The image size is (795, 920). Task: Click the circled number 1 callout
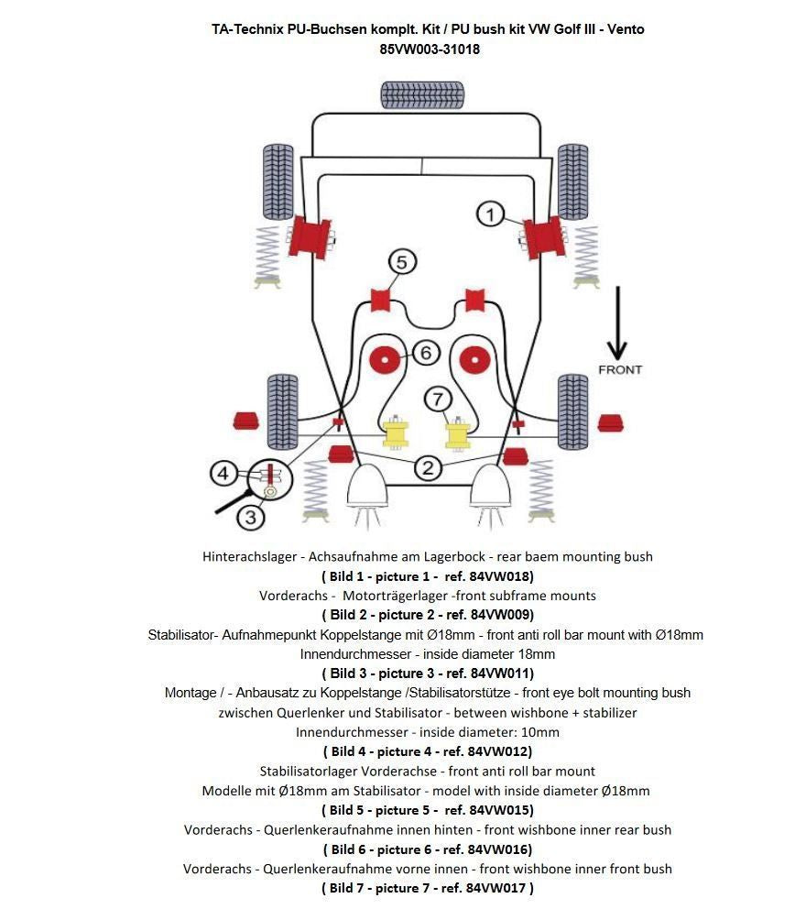490,214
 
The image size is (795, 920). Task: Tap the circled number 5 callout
401,263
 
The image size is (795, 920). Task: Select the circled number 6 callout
426,352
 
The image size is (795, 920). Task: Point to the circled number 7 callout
438,400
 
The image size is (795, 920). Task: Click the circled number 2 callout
428,468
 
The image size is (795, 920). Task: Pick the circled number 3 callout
251,517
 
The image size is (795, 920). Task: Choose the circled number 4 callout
223,474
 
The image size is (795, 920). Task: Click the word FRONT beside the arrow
620,370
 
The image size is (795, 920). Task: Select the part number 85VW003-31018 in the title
429,49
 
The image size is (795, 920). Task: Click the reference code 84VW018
498,576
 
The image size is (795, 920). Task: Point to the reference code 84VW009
499,615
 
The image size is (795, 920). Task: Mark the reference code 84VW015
500,810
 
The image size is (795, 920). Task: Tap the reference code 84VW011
499,674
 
